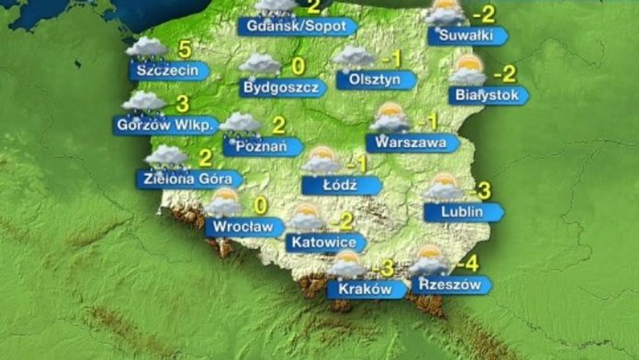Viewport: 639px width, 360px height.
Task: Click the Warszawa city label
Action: tap(411, 142)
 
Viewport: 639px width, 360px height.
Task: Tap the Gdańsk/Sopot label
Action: tap(296, 26)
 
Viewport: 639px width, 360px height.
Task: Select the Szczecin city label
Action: tap(168, 71)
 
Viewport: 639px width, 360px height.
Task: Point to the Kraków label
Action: tap(366, 289)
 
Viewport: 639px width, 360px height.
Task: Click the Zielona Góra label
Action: tap(188, 179)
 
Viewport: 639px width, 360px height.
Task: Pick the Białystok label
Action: tap(487, 95)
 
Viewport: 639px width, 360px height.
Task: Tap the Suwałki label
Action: tap(466, 36)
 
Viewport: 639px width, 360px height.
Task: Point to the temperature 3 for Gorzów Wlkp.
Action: tap(182, 104)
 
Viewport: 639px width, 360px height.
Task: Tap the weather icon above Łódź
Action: tap(321, 161)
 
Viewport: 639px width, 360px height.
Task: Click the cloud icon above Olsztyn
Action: tap(353, 57)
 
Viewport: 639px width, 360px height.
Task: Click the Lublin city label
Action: tap(462, 212)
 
